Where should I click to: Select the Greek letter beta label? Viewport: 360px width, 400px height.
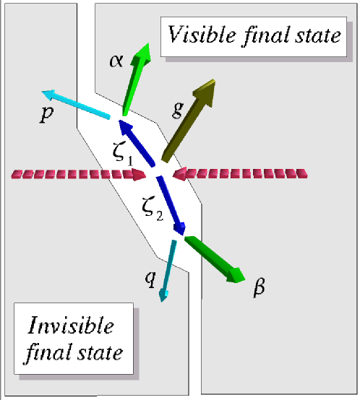click(258, 287)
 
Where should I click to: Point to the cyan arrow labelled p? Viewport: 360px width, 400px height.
click(76, 104)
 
